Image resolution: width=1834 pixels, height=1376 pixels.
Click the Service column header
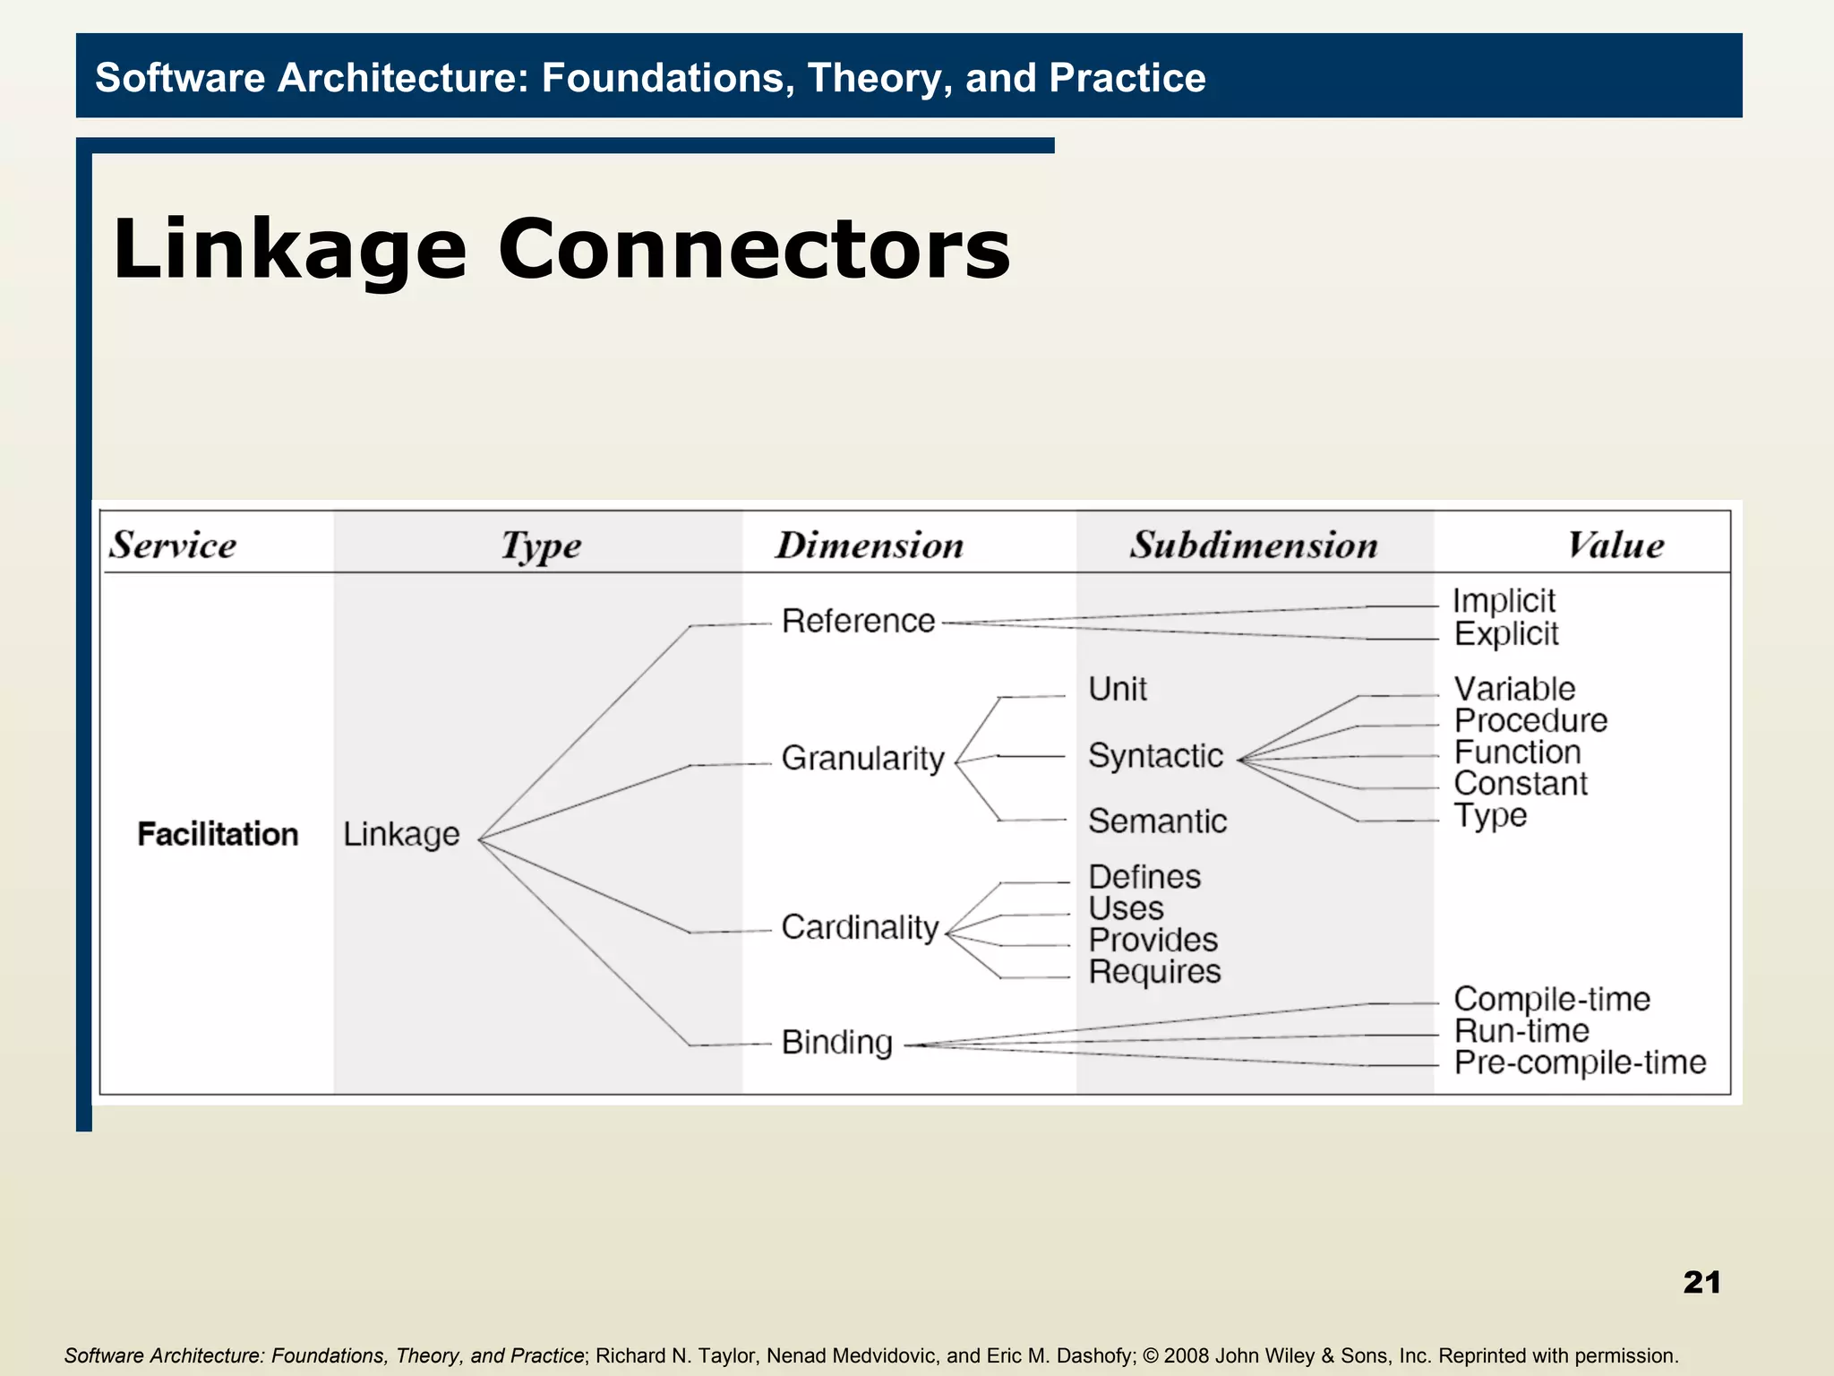[x=173, y=545]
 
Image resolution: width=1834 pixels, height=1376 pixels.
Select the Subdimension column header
[x=1253, y=545]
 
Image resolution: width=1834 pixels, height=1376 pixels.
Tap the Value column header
[x=1615, y=545]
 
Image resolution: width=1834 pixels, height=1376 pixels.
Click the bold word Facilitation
[x=218, y=834]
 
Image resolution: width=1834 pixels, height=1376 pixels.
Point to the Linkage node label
[x=401, y=835]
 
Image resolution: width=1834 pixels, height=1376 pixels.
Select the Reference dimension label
[x=858, y=621]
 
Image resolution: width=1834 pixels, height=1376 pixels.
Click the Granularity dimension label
[x=862, y=759]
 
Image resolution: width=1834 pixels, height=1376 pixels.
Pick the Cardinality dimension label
[x=860, y=927]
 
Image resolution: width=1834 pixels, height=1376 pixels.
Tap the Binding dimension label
[x=836, y=1043]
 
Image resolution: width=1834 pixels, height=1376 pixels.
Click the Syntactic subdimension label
[x=1155, y=756]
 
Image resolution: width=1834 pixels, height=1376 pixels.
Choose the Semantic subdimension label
[x=1157, y=821]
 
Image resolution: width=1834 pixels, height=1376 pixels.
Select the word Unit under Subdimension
[x=1118, y=690]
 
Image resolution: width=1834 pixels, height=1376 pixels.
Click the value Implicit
[x=1504, y=601]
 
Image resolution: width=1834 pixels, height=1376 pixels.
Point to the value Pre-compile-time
[x=1580, y=1062]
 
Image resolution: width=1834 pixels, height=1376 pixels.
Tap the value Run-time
[x=1521, y=1031]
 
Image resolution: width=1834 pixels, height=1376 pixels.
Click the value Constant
[x=1520, y=784]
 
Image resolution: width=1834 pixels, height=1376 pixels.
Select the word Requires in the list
[x=1154, y=972]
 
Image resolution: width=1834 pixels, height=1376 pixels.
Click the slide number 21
[x=1701, y=1282]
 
